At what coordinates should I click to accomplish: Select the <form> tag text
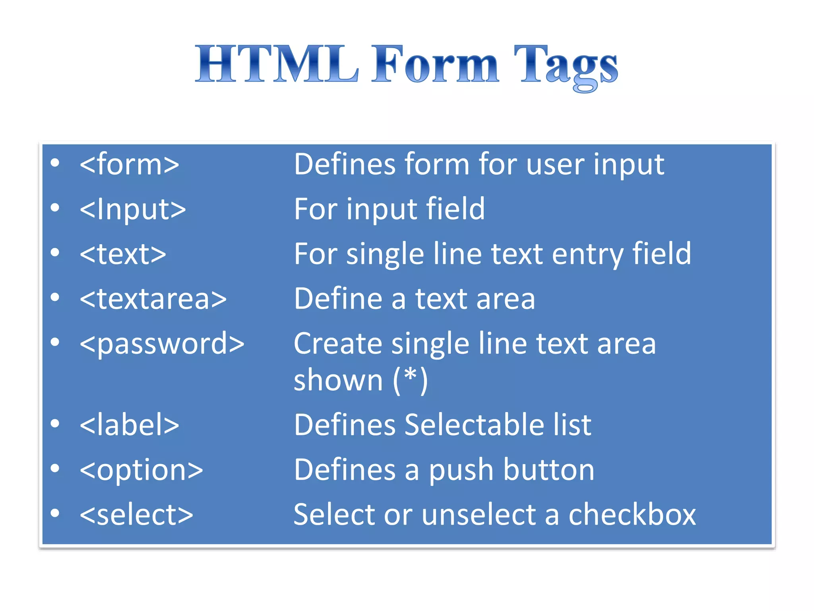coord(130,164)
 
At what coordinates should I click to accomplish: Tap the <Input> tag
coord(133,209)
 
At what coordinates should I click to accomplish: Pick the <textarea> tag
coord(153,298)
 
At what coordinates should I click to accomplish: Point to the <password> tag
coord(162,343)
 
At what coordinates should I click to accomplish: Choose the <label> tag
coord(130,424)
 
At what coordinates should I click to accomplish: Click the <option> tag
coord(141,470)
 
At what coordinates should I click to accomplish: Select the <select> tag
coord(136,514)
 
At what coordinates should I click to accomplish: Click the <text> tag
coord(123,254)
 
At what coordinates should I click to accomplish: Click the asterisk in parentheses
coord(410,376)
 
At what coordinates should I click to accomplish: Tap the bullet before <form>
coord(55,163)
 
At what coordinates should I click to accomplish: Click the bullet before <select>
coord(55,513)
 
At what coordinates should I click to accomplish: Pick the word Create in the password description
coord(338,343)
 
